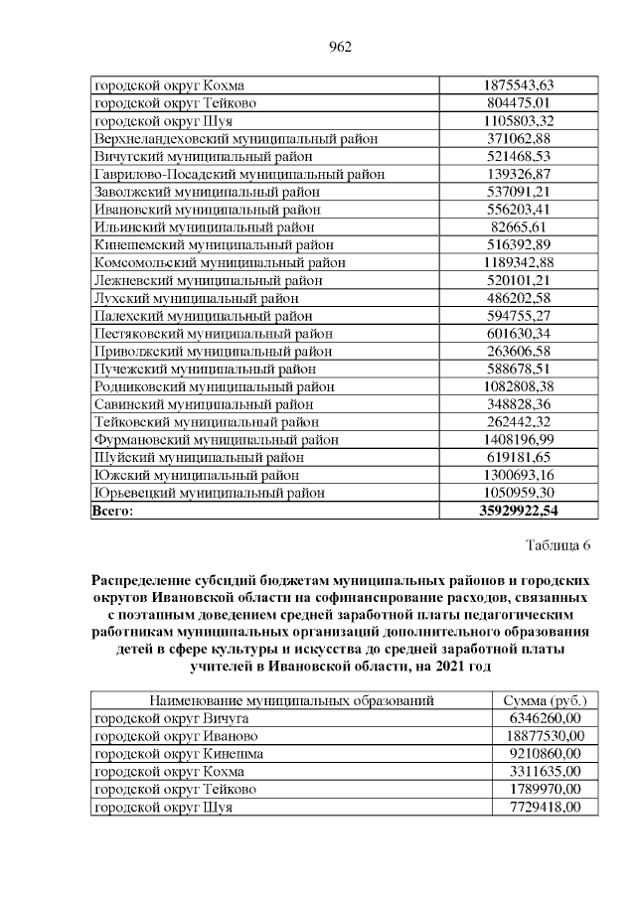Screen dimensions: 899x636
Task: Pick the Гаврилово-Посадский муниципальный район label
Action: pos(238,174)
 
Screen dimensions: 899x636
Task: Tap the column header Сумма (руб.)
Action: pos(546,700)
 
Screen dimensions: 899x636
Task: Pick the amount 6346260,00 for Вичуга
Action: pos(546,718)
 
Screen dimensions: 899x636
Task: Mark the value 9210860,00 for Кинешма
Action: pos(546,754)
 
